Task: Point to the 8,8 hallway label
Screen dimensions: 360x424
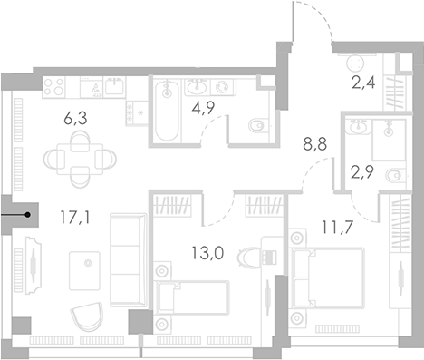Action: coord(313,141)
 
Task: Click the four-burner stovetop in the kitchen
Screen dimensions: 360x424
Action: coord(54,88)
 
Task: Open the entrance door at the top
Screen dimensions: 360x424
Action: coord(312,23)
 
